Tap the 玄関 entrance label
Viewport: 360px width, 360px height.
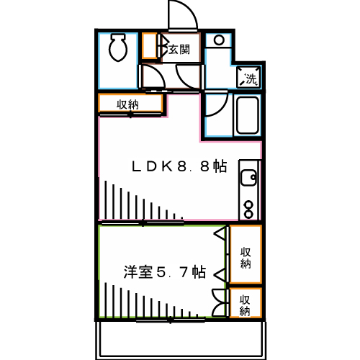pyautogui.click(x=179, y=50)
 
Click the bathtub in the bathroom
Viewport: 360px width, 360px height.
pyautogui.click(x=247, y=115)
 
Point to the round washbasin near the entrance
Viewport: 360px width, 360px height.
pyautogui.click(x=219, y=40)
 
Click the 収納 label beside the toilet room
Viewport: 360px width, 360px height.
pyautogui.click(x=129, y=104)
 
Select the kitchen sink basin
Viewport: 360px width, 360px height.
pyautogui.click(x=249, y=177)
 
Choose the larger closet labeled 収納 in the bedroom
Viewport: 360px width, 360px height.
pyautogui.click(x=246, y=256)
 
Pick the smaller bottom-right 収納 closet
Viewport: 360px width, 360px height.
pyautogui.click(x=246, y=304)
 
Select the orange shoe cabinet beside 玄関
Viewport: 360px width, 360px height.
pyautogui.click(x=150, y=48)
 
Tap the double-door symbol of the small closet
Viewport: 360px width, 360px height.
pyautogui.click(x=220, y=303)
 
